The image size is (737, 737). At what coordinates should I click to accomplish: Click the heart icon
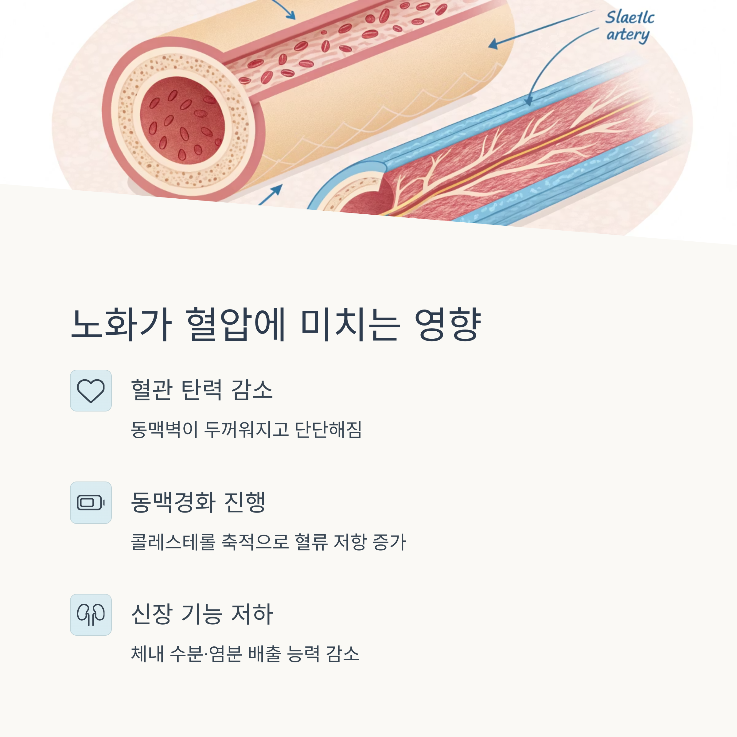91,391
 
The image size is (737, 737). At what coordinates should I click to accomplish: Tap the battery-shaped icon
91,502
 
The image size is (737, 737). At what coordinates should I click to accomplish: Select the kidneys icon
91,614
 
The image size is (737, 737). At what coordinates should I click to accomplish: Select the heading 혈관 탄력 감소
202,390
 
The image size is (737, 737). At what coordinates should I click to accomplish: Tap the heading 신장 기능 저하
202,614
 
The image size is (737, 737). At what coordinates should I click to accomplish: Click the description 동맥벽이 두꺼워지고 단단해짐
246,430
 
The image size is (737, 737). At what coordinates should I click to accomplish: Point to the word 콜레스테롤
173,542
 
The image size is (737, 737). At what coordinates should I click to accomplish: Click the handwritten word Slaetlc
630,18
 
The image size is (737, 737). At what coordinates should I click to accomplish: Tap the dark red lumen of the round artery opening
182,120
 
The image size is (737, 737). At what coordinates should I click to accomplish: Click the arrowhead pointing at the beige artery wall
493,44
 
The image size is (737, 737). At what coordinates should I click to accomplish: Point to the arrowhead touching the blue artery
528,101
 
